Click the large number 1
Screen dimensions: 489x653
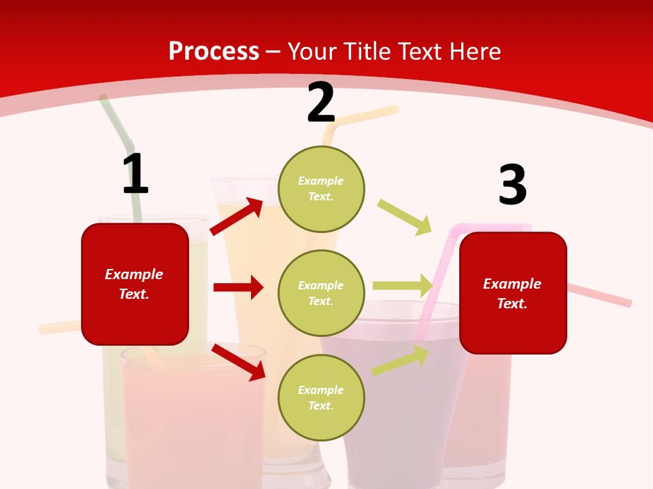pos(135,174)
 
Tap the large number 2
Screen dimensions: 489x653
pos(321,103)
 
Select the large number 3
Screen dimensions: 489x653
pos(512,185)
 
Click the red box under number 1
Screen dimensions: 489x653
pos(135,284)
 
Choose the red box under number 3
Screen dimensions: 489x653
pos(513,293)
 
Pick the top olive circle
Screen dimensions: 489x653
pos(321,188)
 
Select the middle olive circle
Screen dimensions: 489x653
pos(321,293)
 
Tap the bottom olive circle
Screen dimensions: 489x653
pos(321,397)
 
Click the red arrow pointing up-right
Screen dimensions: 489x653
pos(237,216)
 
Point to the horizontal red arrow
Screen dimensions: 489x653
pos(238,287)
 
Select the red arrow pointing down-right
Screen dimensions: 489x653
pos(238,362)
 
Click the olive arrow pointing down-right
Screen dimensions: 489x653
pos(405,217)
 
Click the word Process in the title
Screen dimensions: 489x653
pos(214,51)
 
